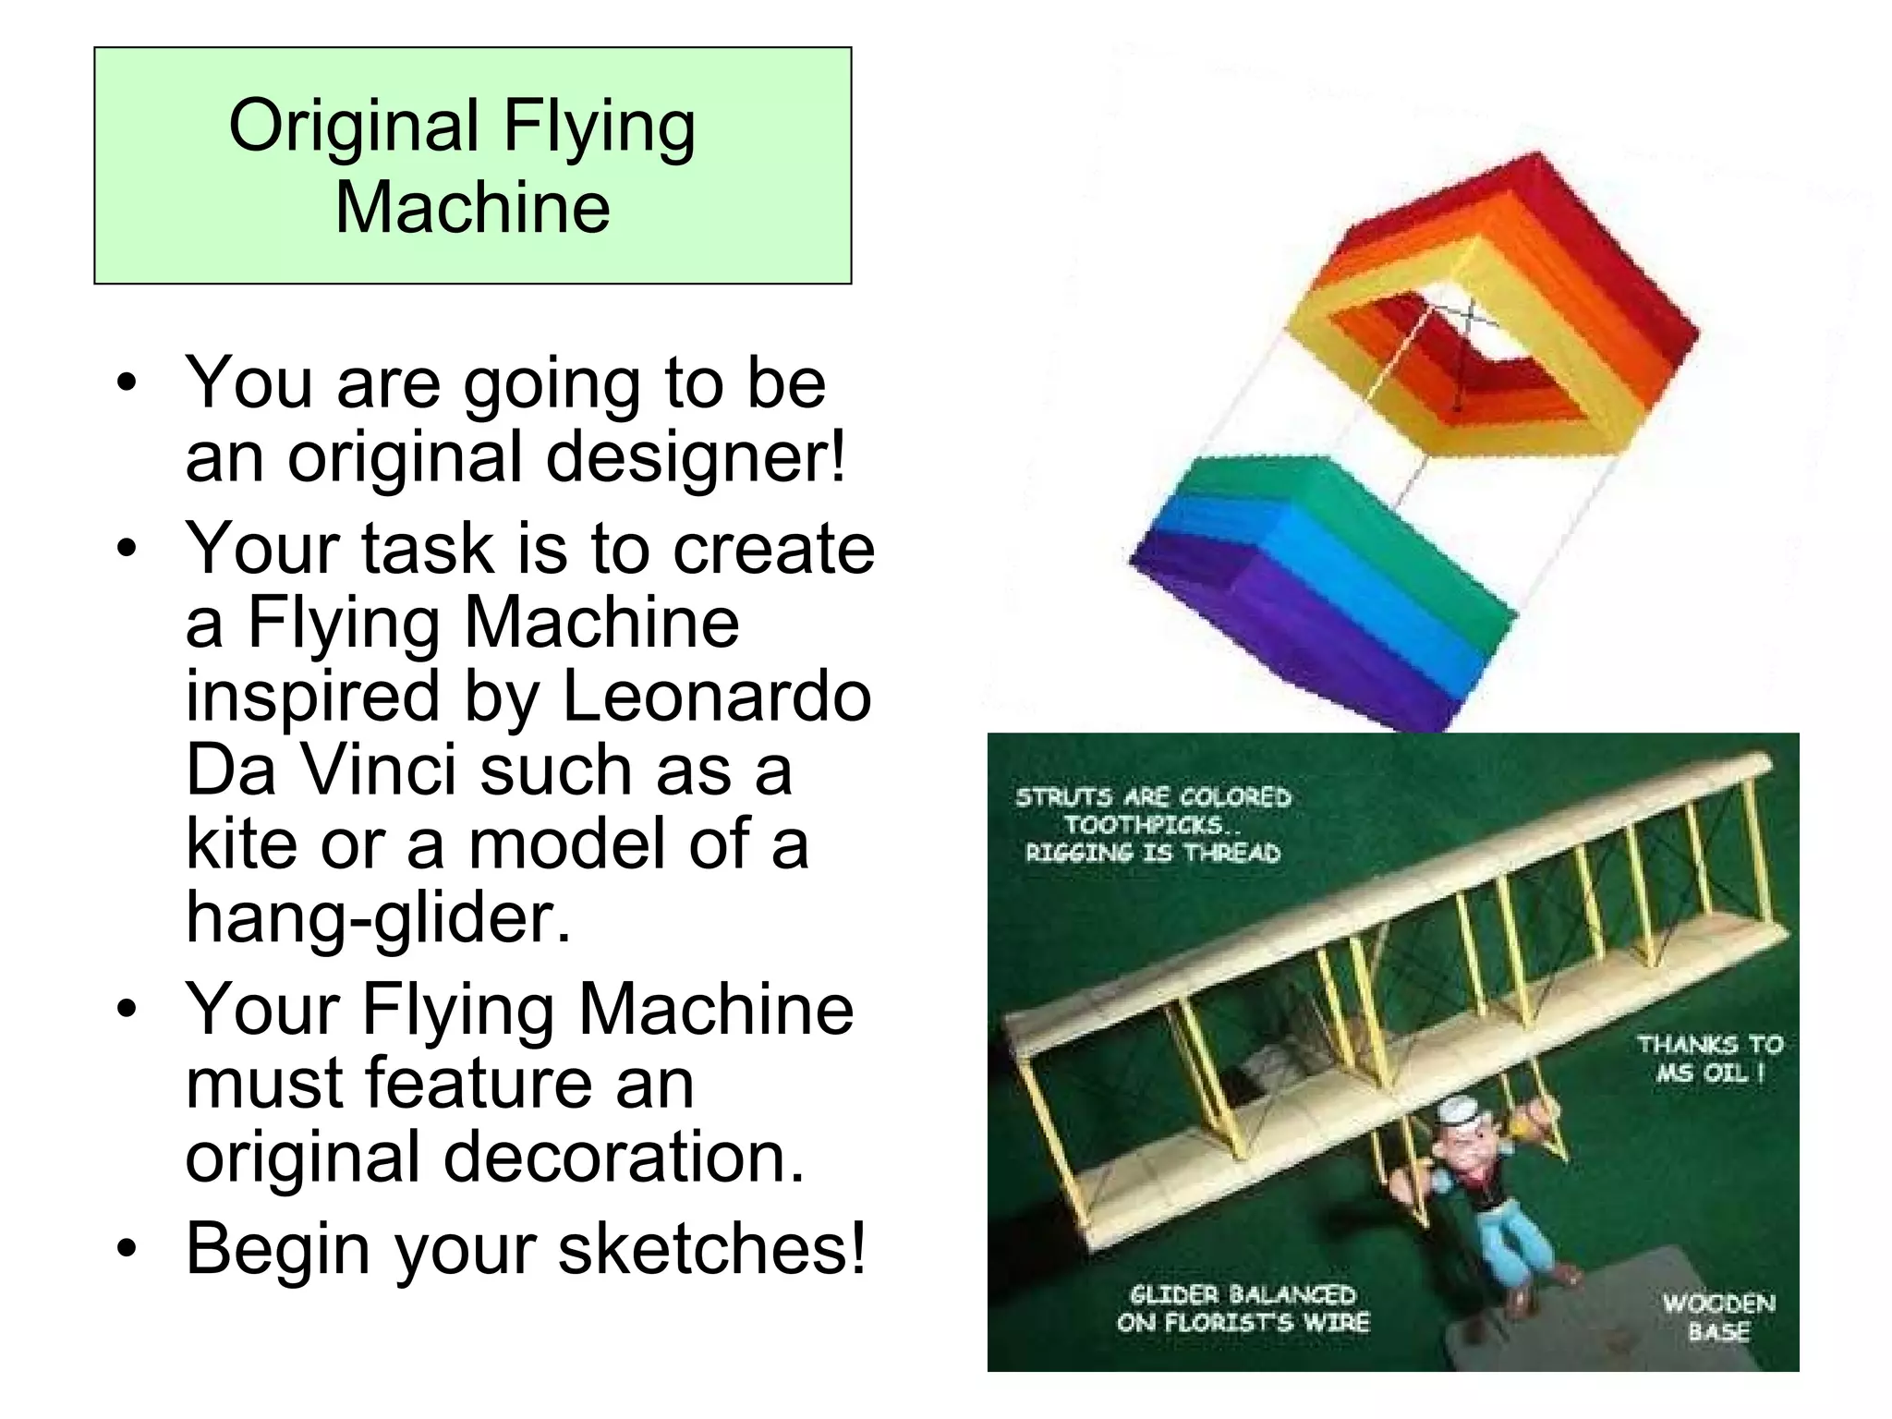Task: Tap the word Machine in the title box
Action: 472,207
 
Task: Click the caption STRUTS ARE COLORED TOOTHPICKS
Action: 1152,824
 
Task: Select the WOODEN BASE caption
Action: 1718,1316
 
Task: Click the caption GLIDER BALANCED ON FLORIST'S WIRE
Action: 1243,1308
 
